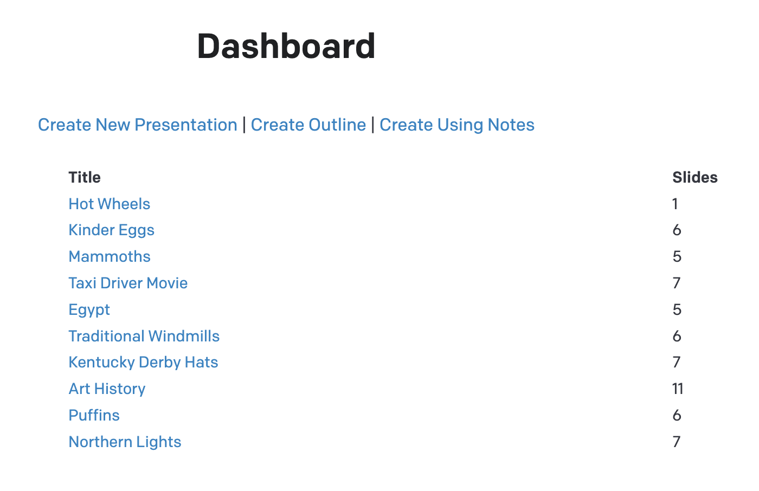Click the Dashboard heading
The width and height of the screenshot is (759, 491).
[286, 46]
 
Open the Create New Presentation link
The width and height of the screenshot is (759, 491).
[137, 125]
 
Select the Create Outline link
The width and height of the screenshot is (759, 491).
[308, 125]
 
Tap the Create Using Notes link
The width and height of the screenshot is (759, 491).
[456, 125]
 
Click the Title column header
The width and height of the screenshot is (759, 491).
[85, 177]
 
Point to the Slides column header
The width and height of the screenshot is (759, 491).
[694, 177]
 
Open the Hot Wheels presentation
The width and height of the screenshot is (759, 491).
[109, 204]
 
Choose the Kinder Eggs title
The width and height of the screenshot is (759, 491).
[111, 230]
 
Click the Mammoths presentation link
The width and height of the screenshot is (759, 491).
[109, 256]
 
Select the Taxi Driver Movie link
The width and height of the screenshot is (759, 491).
[128, 283]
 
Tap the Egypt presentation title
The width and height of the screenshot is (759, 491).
[89, 309]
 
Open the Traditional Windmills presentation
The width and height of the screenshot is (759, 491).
[144, 336]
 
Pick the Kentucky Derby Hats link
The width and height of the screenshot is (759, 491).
[143, 362]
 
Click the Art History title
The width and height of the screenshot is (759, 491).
[107, 389]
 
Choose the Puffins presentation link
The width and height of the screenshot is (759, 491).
[94, 415]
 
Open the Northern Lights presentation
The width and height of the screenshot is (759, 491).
[125, 442]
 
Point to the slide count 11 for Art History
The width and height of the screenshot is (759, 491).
[677, 389]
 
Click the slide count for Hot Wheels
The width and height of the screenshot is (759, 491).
[675, 204]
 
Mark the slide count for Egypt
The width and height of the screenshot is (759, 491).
[677, 309]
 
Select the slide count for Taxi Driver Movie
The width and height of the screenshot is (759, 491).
[676, 283]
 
